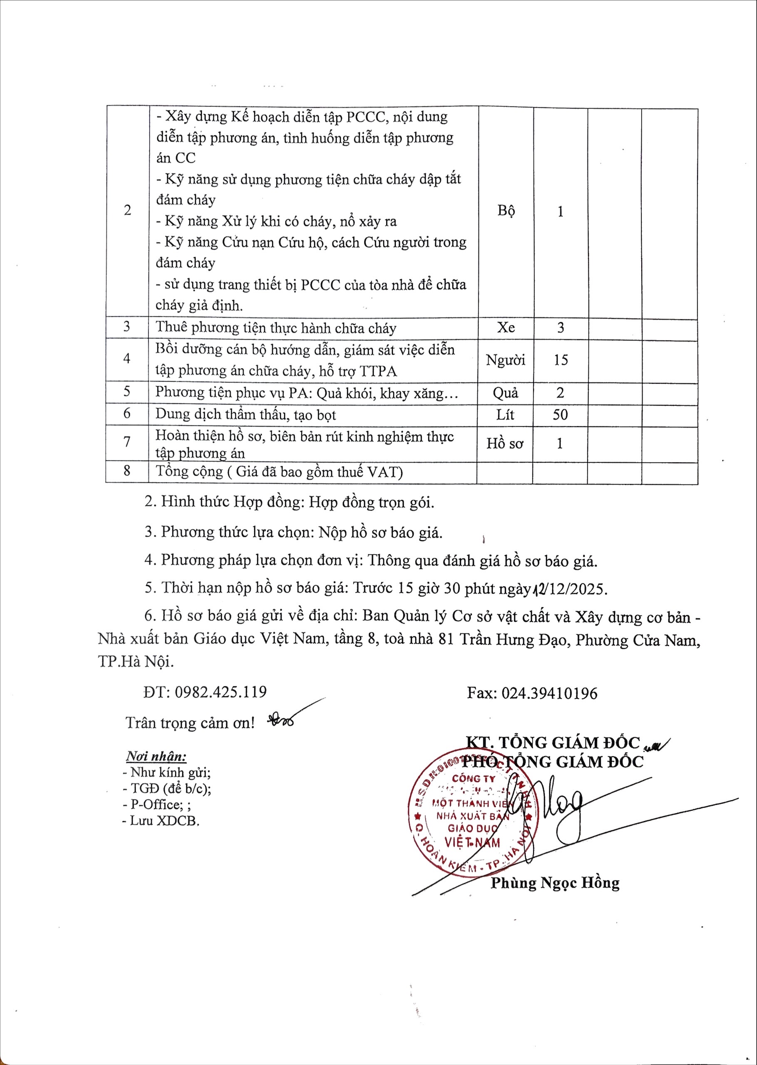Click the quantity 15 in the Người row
(560, 360)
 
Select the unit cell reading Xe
(506, 328)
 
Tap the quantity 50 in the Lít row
(560, 415)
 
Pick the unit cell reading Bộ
(506, 211)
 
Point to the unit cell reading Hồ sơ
(505, 443)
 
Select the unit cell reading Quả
(505, 393)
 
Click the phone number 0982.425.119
(221, 692)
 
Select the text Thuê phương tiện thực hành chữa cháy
(276, 328)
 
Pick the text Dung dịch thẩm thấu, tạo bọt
(246, 415)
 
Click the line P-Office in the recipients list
(156, 804)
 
